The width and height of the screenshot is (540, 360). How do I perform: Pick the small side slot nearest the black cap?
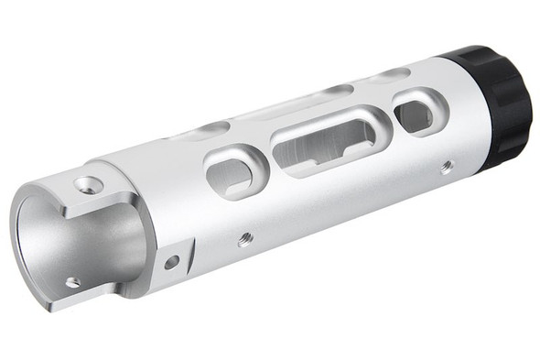pyautogui.click(x=417, y=114)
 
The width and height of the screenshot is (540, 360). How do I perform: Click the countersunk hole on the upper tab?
pyautogui.click(x=89, y=185)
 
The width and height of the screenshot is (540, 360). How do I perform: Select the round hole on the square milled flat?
pyautogui.click(x=171, y=262)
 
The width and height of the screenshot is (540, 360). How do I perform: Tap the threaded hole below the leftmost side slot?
pyautogui.click(x=244, y=239)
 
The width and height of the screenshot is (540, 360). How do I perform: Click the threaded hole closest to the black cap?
pyautogui.click(x=446, y=167)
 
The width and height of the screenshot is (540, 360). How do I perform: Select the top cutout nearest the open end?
pyautogui.click(x=211, y=129)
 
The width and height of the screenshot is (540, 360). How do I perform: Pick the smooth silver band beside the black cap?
pyautogui.click(x=458, y=119)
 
